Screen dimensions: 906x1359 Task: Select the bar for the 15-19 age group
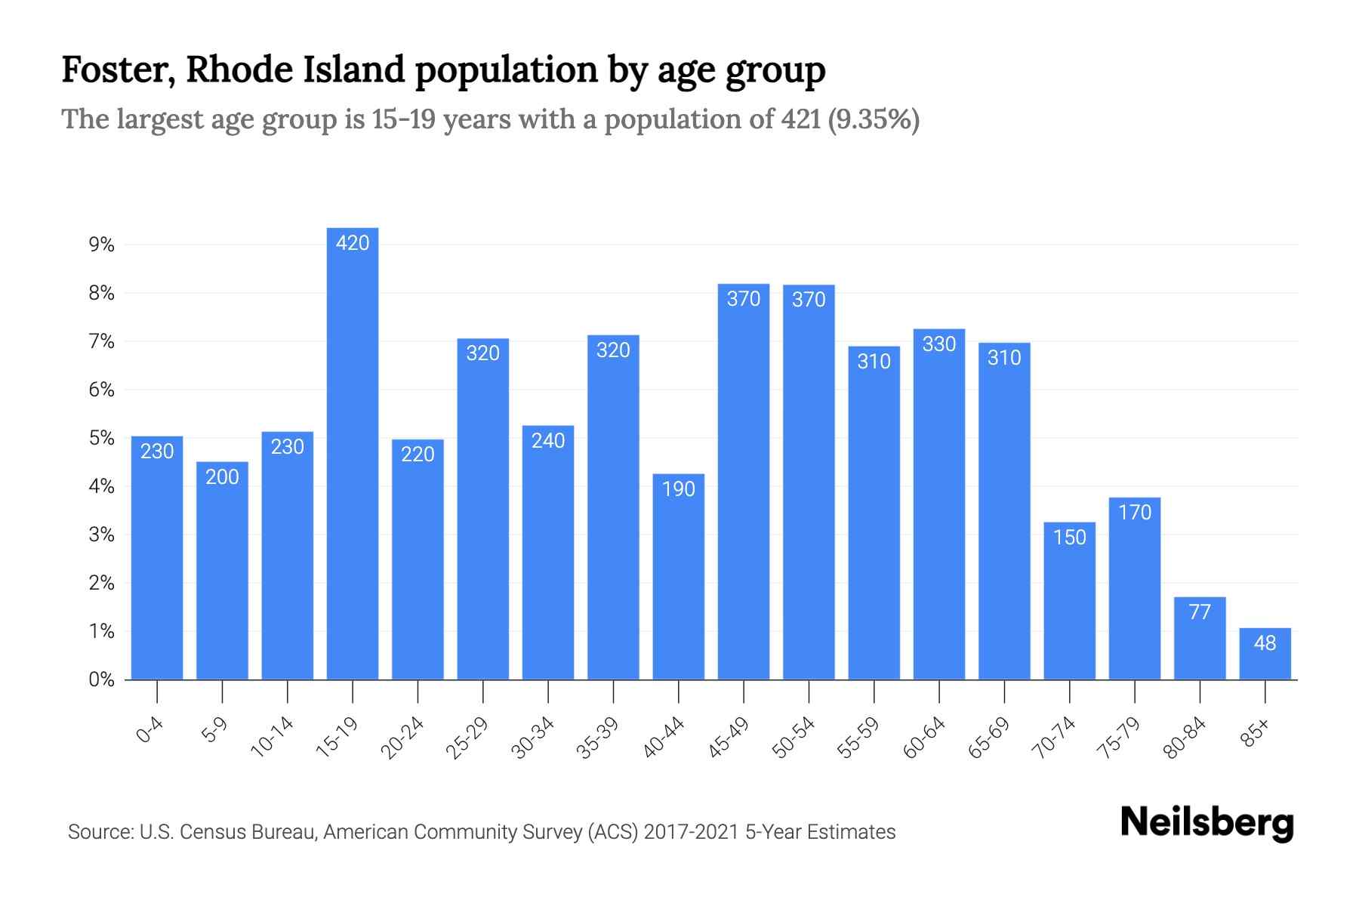pos(353,453)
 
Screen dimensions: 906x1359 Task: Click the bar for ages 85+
pos(1265,654)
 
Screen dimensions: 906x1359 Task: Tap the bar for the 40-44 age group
pos(678,577)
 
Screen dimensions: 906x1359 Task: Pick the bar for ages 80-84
pos(1200,639)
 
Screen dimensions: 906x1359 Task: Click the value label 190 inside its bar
pos(678,489)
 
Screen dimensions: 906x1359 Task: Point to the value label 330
pos(939,344)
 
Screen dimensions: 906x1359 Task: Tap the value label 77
pos(1200,612)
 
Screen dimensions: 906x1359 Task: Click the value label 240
pos(548,441)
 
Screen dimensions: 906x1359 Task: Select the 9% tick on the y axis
pos(101,245)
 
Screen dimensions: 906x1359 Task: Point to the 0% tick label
pos(101,679)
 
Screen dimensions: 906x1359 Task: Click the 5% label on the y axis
pos(101,438)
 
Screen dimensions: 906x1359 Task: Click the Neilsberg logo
pos(1206,823)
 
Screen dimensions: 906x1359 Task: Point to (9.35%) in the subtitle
pos(874,119)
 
